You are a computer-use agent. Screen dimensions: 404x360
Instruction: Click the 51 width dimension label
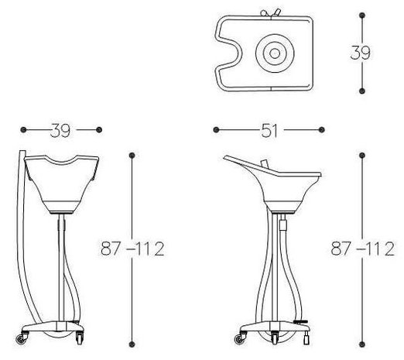coord(269,131)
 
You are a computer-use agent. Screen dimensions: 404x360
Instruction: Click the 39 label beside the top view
coord(360,53)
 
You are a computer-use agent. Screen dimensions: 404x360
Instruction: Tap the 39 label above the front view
coord(60,130)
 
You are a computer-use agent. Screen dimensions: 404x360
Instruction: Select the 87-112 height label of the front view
coord(132,249)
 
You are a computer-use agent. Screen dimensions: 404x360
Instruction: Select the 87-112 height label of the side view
coord(362,249)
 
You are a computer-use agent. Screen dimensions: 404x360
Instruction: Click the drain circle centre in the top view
coord(275,53)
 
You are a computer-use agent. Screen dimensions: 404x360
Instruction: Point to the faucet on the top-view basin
coord(270,13)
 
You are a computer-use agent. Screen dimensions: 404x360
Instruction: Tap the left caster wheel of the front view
coord(20,339)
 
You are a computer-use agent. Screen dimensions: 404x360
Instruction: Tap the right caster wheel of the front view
coord(80,338)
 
